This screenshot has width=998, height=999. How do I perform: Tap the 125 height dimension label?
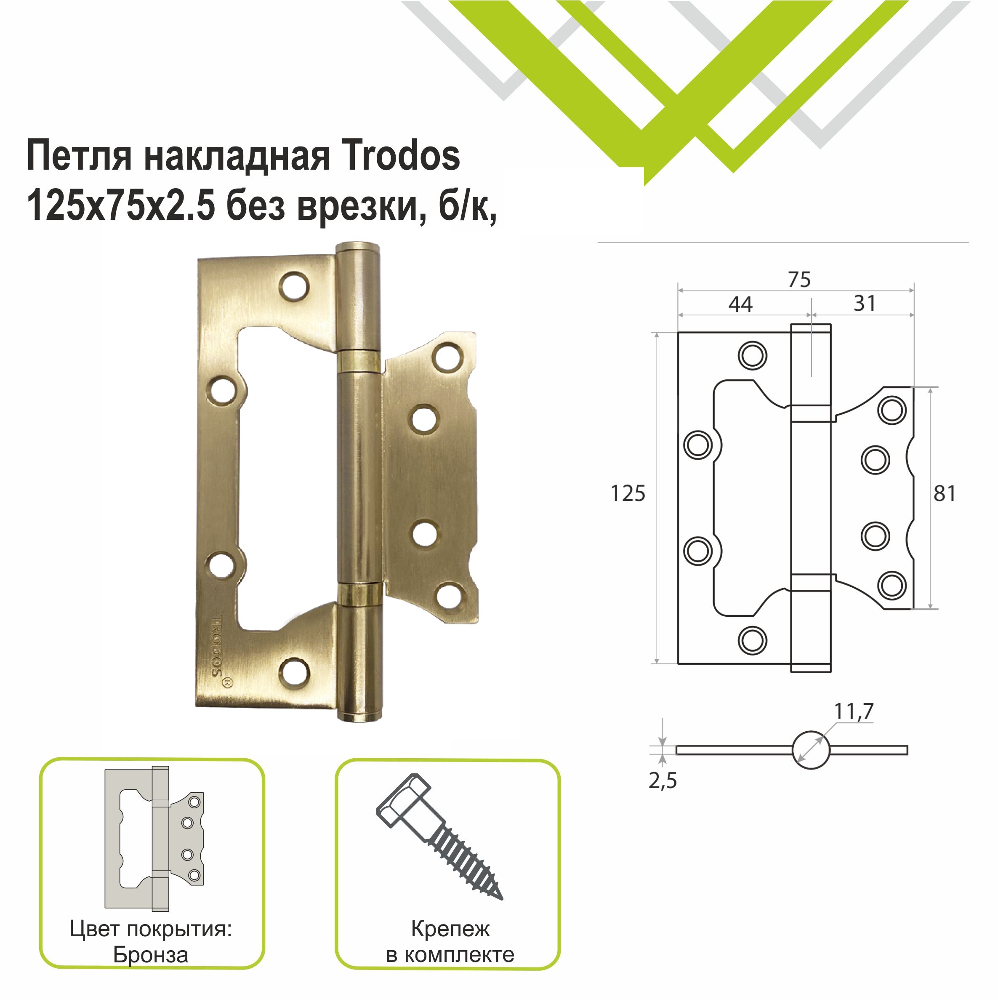click(x=628, y=494)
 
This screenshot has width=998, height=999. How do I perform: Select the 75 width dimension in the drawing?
click(x=799, y=280)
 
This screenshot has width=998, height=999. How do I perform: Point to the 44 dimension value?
click(x=740, y=304)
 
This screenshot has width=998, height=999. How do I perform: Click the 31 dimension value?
click(x=865, y=303)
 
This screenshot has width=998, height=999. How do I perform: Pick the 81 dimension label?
click(x=944, y=494)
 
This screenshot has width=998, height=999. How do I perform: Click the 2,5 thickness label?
click(x=663, y=780)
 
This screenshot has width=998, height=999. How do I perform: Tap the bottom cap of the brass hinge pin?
click(x=358, y=716)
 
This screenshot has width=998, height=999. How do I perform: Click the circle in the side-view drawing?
click(x=810, y=750)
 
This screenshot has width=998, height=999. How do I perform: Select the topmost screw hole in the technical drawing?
click(x=752, y=356)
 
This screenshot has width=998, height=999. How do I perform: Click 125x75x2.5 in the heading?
click(x=120, y=206)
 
